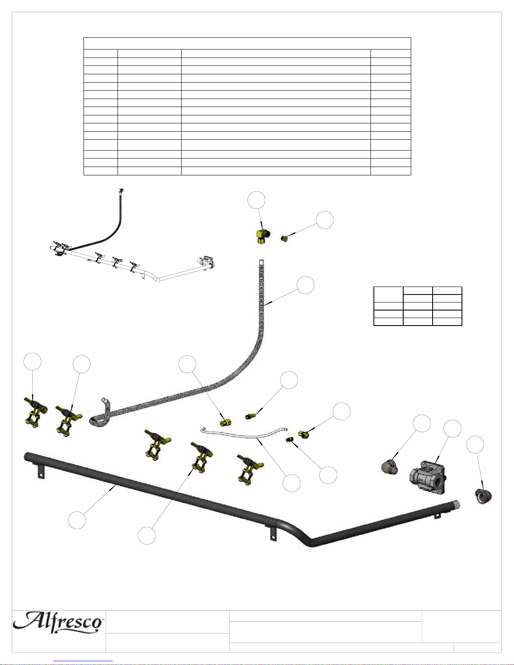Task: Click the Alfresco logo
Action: [x=57, y=623]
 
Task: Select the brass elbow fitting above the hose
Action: [x=263, y=236]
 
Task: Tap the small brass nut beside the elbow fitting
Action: [x=284, y=238]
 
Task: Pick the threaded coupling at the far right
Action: [x=483, y=496]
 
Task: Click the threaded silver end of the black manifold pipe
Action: [x=456, y=503]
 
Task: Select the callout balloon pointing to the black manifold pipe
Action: [x=77, y=520]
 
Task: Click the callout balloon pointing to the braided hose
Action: [x=305, y=285]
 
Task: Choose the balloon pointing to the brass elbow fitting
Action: [x=256, y=200]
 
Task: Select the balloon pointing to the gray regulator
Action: [x=452, y=429]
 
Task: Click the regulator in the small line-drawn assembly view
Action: [x=206, y=262]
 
